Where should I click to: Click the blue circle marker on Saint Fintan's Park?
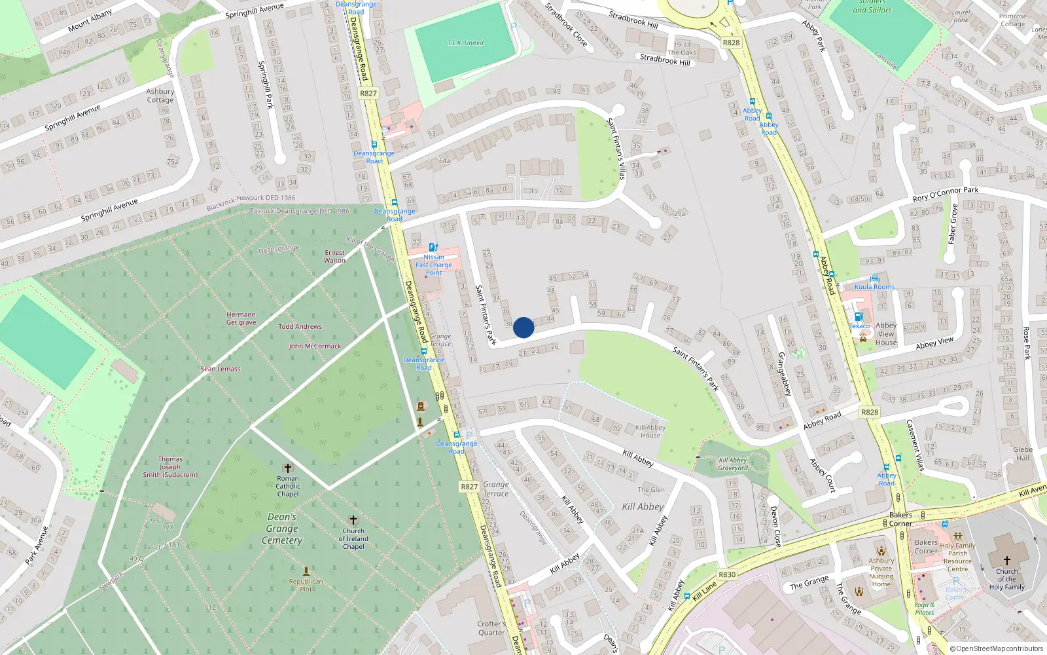(x=523, y=327)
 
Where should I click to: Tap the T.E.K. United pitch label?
(x=465, y=43)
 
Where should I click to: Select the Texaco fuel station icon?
(x=859, y=316)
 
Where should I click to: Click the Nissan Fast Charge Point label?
(x=434, y=265)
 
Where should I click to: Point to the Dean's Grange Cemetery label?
(x=282, y=529)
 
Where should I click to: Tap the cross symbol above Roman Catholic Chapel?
(x=287, y=468)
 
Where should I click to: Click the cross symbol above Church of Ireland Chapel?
(x=353, y=520)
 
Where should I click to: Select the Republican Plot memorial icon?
(x=306, y=571)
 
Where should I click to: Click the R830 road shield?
(x=727, y=574)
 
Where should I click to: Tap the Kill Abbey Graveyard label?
(x=733, y=464)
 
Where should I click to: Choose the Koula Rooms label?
(x=874, y=287)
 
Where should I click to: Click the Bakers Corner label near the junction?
(x=900, y=519)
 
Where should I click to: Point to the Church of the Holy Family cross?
(x=1006, y=560)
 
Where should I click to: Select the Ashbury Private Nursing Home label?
(x=881, y=572)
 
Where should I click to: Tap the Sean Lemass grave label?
(x=221, y=369)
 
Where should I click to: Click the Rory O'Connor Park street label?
(x=945, y=194)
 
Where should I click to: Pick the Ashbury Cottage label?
(x=160, y=96)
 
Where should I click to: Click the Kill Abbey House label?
(x=650, y=431)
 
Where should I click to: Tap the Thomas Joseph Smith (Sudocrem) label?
(x=170, y=467)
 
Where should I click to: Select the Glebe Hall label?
(x=1023, y=453)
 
